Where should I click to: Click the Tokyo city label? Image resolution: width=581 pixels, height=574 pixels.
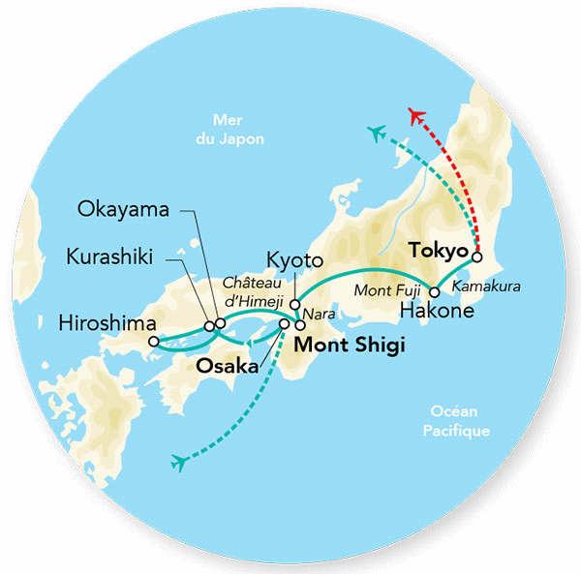pyautogui.click(x=439, y=250)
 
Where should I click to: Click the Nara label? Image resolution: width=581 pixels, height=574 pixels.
pyautogui.click(x=317, y=315)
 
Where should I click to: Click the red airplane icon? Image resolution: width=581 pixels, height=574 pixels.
pyautogui.click(x=416, y=117)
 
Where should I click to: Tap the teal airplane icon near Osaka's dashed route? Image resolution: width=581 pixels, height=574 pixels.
pyautogui.click(x=177, y=463)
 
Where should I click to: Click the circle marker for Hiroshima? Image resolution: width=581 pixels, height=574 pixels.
pyautogui.click(x=154, y=341)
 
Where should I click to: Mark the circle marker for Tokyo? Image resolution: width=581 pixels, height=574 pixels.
pyautogui.click(x=475, y=259)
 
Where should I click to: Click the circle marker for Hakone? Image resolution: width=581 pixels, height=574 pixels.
pyautogui.click(x=435, y=291)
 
